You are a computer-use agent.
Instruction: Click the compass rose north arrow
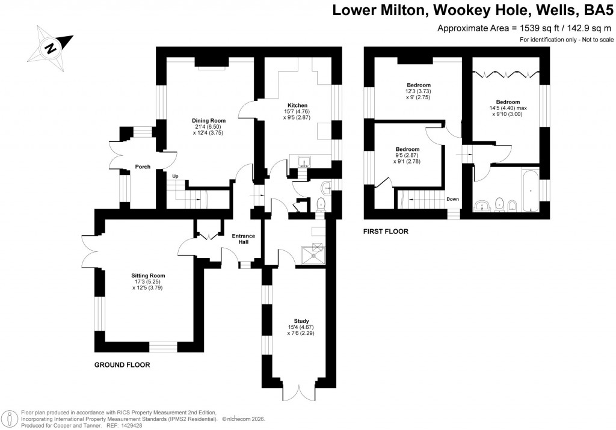pos(53,47)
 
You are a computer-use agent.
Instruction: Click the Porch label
pos(143,167)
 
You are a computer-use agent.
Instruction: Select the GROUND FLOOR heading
pos(122,365)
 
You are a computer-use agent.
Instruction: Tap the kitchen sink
pos(304,161)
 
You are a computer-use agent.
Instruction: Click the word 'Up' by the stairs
pos(176,176)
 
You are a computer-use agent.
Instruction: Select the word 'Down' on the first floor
pos(453,199)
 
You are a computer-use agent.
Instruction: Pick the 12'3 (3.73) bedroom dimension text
pos(418,91)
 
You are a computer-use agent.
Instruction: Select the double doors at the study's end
pos(298,391)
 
